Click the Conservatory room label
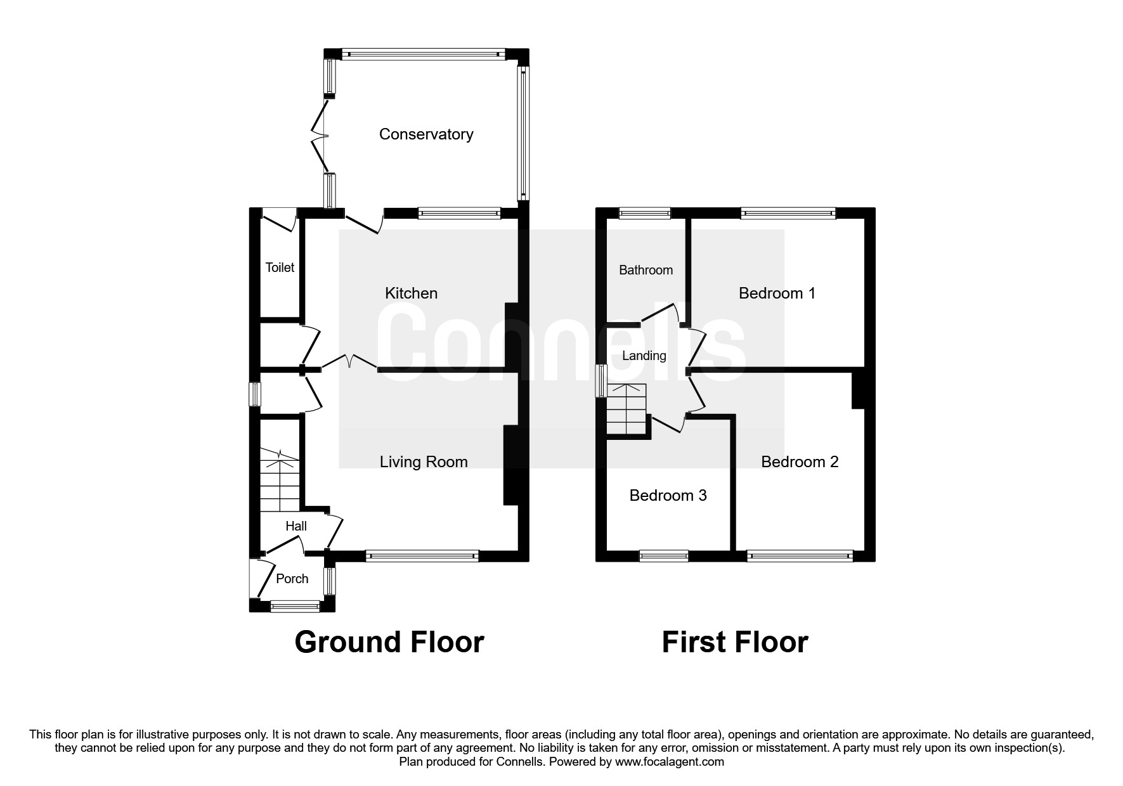click(425, 134)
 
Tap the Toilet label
click(280, 267)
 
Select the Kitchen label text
click(411, 293)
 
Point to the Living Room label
click(424, 462)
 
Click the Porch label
click(292, 579)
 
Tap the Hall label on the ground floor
click(296, 526)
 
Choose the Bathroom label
click(646, 270)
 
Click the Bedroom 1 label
click(777, 293)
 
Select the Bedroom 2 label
click(800, 462)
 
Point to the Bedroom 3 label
click(668, 496)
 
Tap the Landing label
click(644, 356)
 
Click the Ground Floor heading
click(389, 642)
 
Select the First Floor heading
click(734, 642)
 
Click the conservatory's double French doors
click(320, 134)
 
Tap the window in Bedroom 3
click(663, 557)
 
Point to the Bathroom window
click(644, 214)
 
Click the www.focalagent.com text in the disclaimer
click(669, 762)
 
